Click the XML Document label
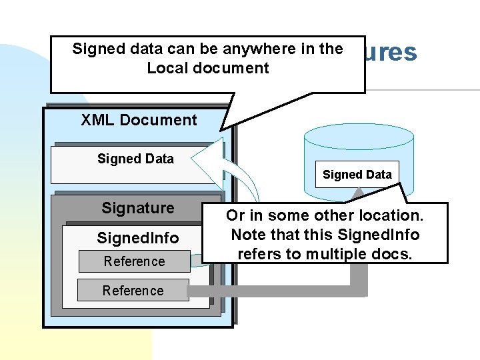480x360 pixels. coord(139,121)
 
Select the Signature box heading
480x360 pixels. coord(138,208)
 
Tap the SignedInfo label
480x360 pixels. coord(137,237)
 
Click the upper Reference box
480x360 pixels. coord(133,261)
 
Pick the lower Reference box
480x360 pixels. coord(133,291)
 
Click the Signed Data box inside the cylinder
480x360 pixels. coord(357,175)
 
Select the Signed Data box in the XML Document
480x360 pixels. coord(135,159)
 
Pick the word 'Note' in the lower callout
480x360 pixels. coord(247,234)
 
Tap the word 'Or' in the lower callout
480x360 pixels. coord(235,215)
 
